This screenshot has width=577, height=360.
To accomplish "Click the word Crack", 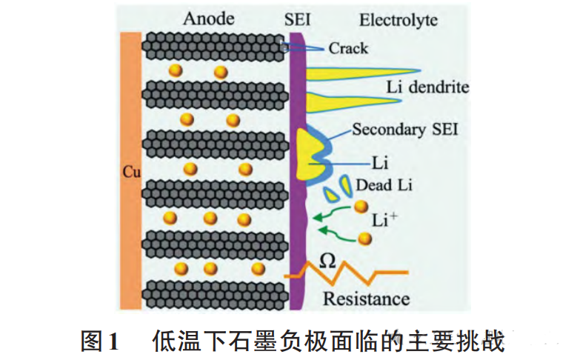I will tap(348, 49).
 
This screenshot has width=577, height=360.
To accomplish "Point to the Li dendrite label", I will tap(427, 87).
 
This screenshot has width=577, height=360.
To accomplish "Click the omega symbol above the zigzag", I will tap(331, 259).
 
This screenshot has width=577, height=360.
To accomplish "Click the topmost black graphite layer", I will tap(215, 46).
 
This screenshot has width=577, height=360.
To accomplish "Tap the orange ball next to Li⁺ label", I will tap(361, 207).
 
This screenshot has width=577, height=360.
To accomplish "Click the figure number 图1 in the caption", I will tap(99, 341).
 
